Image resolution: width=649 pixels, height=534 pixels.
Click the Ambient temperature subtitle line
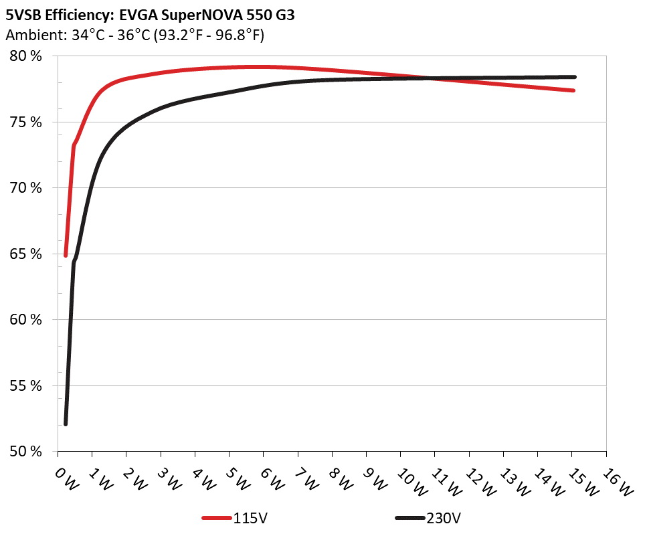134,35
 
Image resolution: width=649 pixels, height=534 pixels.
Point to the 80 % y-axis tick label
26,56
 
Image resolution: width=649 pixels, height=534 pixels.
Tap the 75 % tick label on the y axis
26,122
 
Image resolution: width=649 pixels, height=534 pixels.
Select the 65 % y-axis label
26,254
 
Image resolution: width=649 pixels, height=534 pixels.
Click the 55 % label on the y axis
26,386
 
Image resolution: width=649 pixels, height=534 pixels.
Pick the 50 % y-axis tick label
26,452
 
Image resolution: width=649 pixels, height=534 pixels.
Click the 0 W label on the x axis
65,478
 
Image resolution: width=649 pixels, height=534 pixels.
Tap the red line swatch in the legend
217,518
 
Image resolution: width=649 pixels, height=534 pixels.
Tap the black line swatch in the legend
409,518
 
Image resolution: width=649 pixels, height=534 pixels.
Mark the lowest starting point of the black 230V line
66,424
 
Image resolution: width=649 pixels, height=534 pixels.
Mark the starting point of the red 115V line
66,255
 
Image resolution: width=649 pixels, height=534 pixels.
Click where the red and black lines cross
434,78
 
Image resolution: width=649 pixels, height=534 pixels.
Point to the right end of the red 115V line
573,90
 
